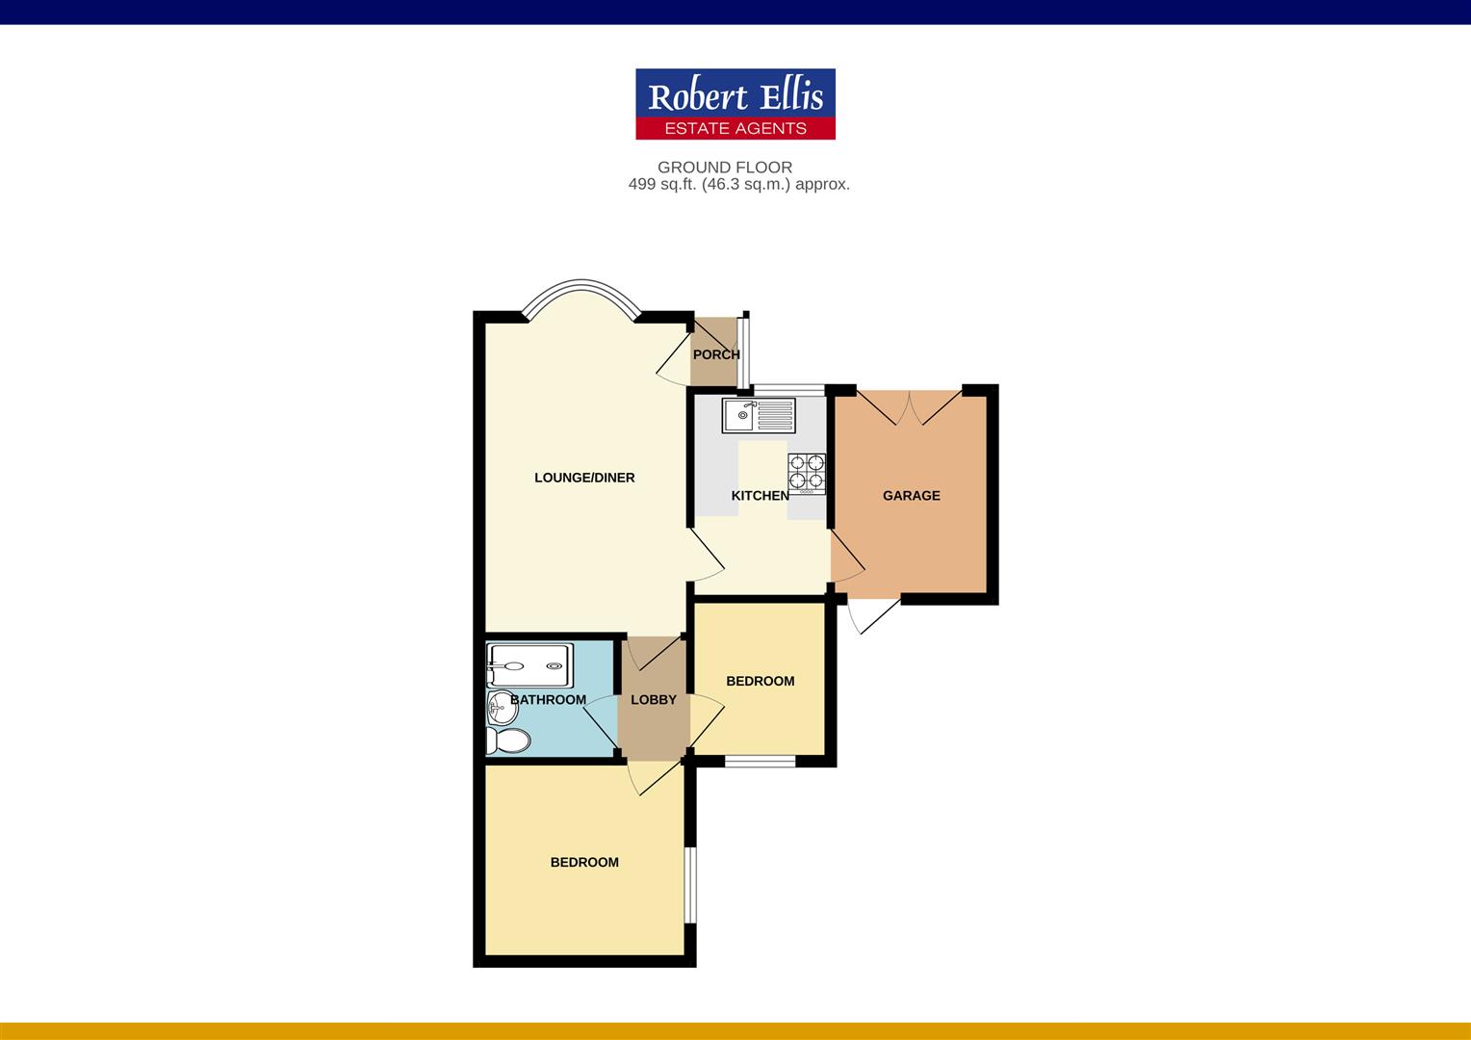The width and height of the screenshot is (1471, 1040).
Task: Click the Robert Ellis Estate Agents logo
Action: (735, 104)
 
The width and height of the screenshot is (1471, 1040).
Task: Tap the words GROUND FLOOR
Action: (725, 168)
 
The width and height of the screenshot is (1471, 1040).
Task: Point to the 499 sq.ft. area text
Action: (738, 185)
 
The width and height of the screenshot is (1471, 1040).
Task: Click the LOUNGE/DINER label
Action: (584, 478)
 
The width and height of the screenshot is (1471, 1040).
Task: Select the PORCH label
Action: (716, 354)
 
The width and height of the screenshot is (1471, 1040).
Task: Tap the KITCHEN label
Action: (760, 495)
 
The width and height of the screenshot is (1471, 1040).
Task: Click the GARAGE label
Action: (911, 495)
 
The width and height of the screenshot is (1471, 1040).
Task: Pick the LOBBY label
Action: (654, 700)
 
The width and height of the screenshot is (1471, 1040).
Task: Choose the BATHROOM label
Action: (549, 700)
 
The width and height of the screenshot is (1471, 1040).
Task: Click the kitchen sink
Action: (759, 415)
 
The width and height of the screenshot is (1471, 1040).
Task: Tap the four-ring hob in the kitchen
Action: (807, 473)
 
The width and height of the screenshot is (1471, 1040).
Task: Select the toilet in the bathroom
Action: (507, 741)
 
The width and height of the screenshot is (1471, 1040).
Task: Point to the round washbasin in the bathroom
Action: (503, 708)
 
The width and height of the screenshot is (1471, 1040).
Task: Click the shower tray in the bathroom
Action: (529, 665)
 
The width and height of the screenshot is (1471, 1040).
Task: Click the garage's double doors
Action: (910, 407)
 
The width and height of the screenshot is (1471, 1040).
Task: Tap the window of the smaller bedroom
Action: (760, 762)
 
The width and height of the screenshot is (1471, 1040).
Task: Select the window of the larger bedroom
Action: (690, 886)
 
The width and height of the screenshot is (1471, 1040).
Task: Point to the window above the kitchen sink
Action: (788, 390)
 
